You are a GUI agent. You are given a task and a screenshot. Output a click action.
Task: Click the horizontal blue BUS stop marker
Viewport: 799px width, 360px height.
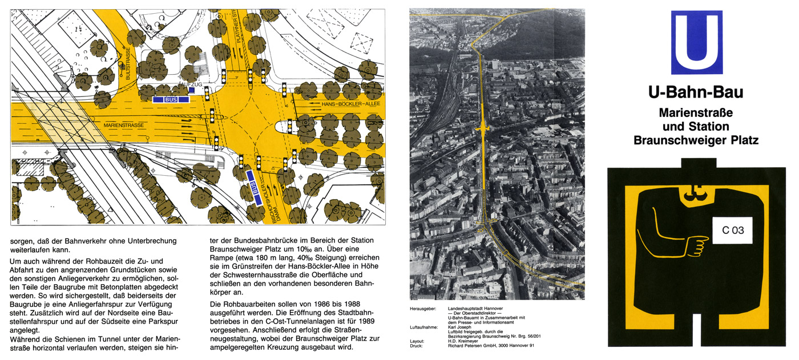(171, 99)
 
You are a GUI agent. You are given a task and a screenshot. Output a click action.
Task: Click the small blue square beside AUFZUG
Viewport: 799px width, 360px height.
(192, 90)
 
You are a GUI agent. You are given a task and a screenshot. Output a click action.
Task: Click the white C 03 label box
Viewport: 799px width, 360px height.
(733, 231)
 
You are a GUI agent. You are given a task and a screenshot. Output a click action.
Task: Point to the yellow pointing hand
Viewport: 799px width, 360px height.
(696, 246)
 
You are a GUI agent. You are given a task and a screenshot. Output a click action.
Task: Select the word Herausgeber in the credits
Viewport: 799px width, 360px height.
(423, 308)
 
